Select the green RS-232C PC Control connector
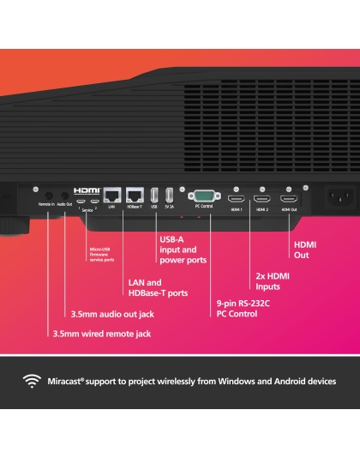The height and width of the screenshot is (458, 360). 203,196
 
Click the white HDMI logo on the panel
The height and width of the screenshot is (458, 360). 87,190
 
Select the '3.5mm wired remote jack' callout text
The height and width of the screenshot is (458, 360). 101,333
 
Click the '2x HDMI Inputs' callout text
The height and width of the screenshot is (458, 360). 273,281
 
